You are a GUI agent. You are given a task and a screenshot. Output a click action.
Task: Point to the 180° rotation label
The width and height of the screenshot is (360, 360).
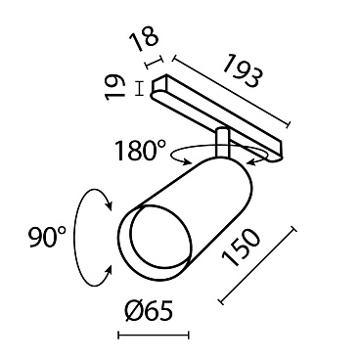pyautogui.click(x=140, y=151)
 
